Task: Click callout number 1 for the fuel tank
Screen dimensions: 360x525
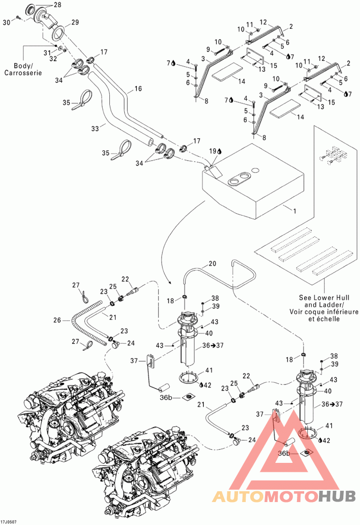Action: pyautogui.click(x=294, y=211)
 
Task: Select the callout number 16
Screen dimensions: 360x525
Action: pyautogui.click(x=138, y=89)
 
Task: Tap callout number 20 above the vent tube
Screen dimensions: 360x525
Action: pyautogui.click(x=212, y=264)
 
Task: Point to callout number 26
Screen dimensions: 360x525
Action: pyautogui.click(x=57, y=321)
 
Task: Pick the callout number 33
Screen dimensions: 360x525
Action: pyautogui.click(x=95, y=128)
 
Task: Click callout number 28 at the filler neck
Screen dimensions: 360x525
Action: pyautogui.click(x=58, y=5)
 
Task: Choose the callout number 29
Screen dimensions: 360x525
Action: pyautogui.click(x=75, y=23)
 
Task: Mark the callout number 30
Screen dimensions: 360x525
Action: pyautogui.click(x=7, y=23)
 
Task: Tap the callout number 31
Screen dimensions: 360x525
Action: pyautogui.click(x=47, y=53)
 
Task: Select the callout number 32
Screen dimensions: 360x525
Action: pyautogui.click(x=54, y=59)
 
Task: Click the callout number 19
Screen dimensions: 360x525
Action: pyautogui.click(x=213, y=151)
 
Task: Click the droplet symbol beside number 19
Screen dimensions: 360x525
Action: pyautogui.click(x=220, y=151)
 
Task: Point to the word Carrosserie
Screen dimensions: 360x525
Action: pyautogui.click(x=23, y=72)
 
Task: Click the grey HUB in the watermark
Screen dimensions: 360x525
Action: pyautogui.click(x=337, y=496)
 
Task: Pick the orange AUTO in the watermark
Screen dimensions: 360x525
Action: pyautogui.click(x=238, y=496)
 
